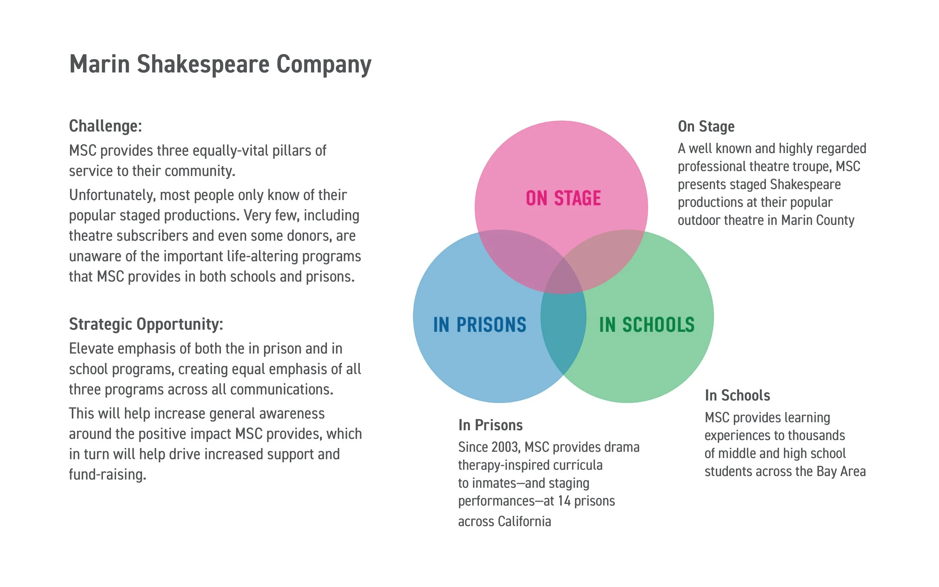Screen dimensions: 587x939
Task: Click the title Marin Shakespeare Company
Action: (x=220, y=64)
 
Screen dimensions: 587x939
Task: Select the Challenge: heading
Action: (x=105, y=126)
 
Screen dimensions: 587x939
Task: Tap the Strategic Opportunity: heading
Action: (x=146, y=324)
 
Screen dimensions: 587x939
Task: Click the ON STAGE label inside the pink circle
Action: (x=563, y=198)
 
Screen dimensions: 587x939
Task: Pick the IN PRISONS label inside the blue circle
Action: (x=479, y=324)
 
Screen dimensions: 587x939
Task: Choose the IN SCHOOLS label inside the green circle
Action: (x=647, y=324)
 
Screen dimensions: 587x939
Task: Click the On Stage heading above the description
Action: (x=706, y=127)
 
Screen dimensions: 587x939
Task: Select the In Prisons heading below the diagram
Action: (x=490, y=425)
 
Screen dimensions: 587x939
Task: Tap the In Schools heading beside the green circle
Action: (x=737, y=395)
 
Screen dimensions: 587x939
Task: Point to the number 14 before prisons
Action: (x=564, y=501)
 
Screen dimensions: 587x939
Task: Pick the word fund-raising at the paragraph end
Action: (x=107, y=474)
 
